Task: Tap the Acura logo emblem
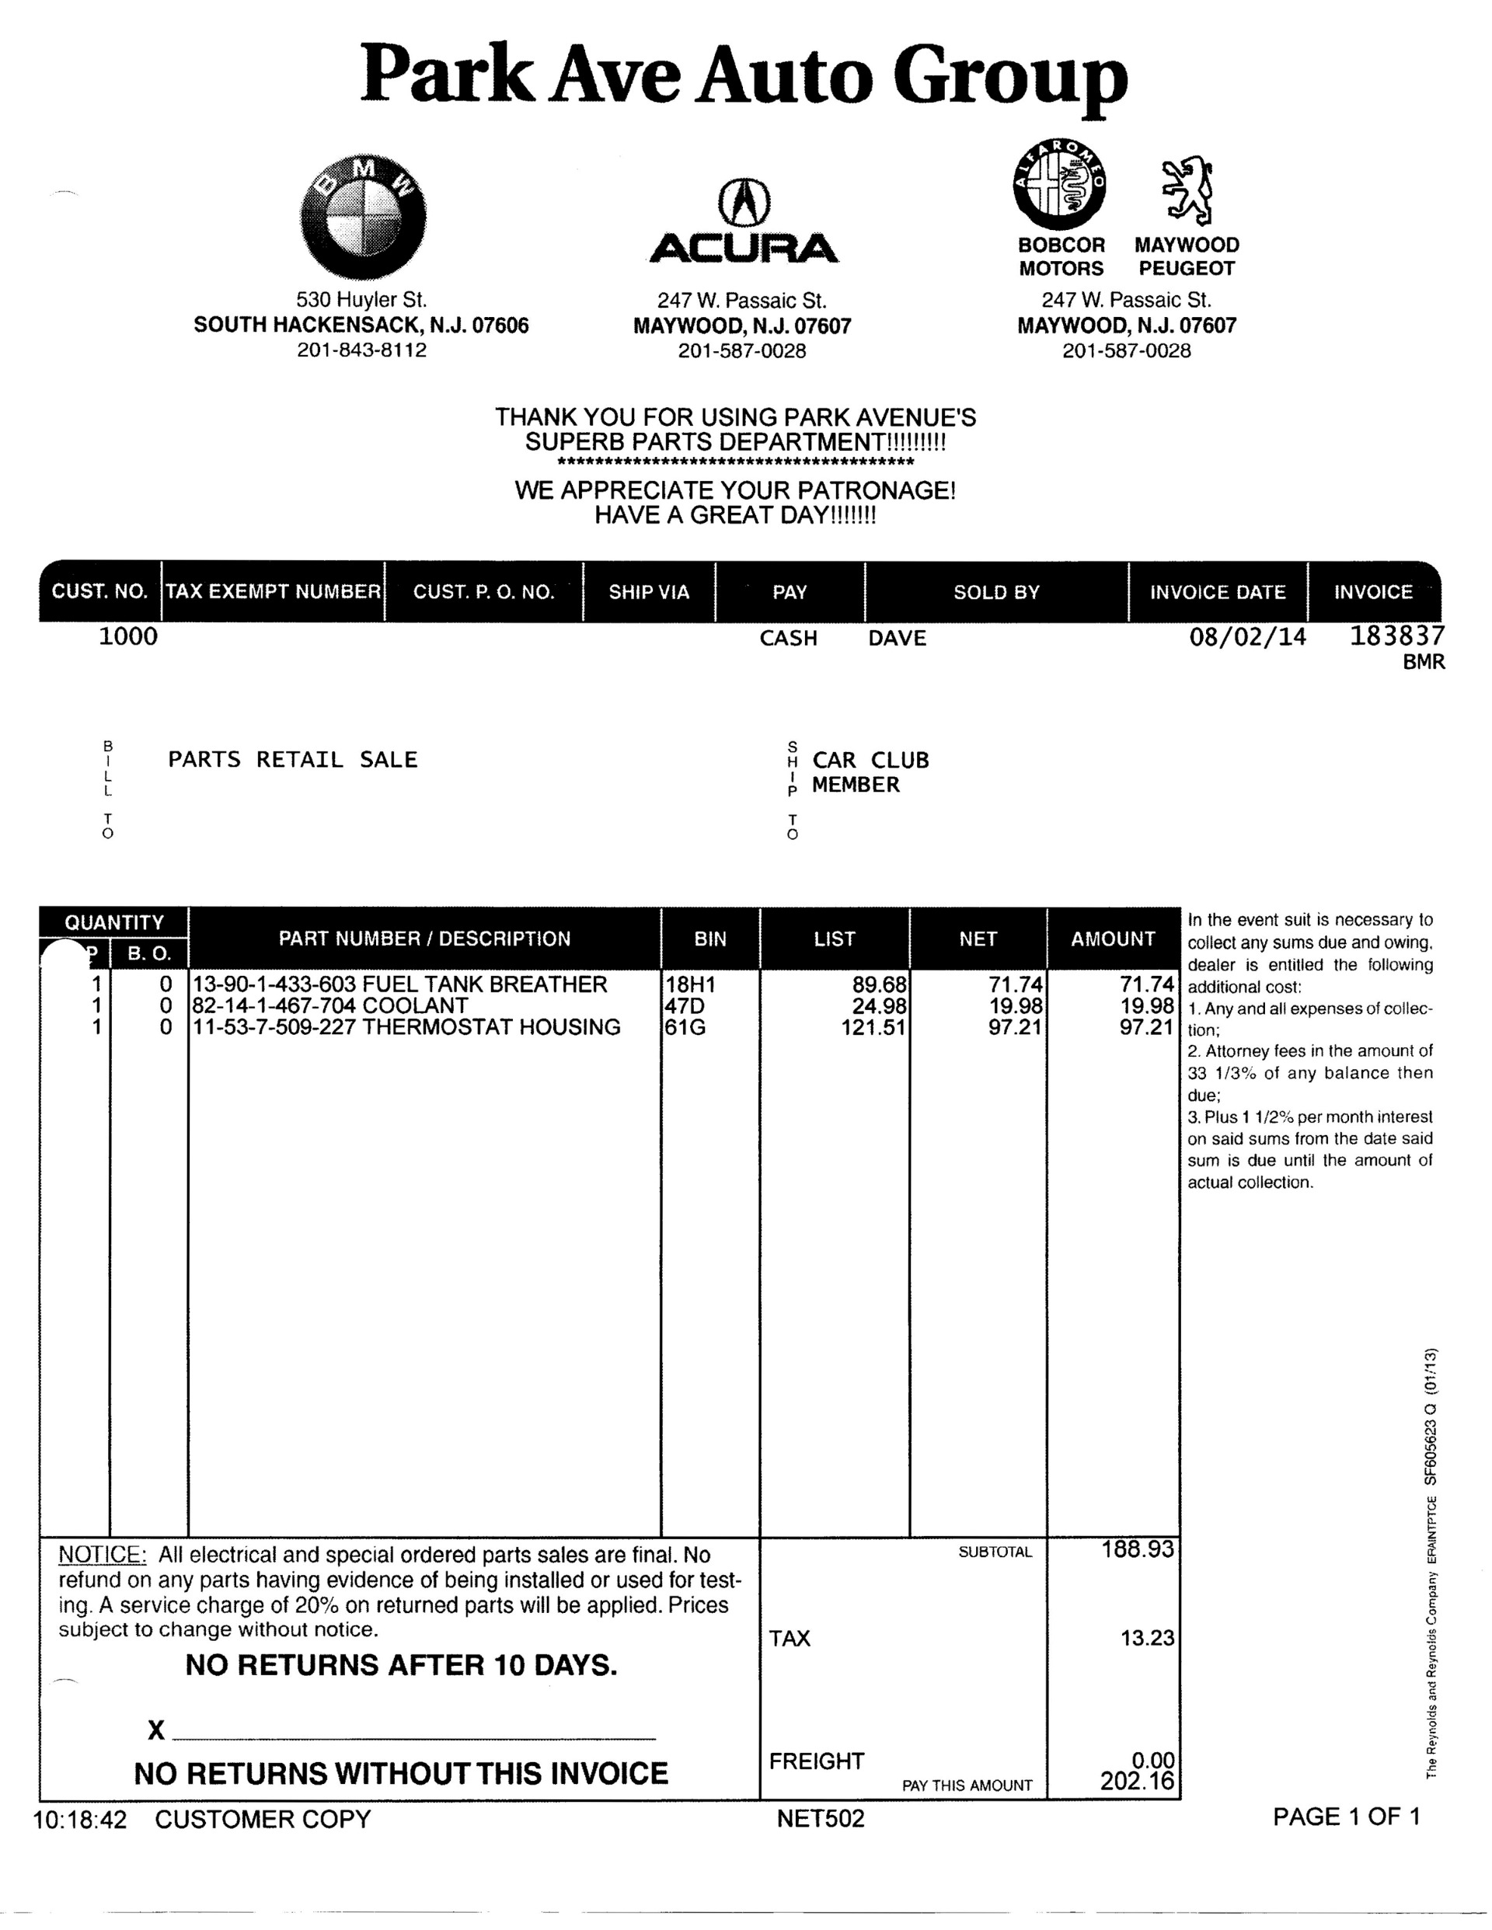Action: (x=744, y=201)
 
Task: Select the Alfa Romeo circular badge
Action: (x=1059, y=186)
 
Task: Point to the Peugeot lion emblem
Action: (x=1186, y=190)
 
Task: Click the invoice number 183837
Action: (x=1396, y=636)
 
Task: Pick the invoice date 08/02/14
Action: (x=1247, y=637)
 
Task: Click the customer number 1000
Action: (x=127, y=636)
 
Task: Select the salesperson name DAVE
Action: (x=898, y=638)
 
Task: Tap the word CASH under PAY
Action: (x=789, y=638)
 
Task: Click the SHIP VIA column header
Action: (x=649, y=592)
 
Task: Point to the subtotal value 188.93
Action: (x=1138, y=1549)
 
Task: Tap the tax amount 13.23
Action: (x=1147, y=1638)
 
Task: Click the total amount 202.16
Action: (x=1138, y=1782)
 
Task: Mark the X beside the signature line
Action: (x=156, y=1730)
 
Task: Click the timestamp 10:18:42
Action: (x=79, y=1820)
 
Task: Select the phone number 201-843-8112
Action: (x=361, y=350)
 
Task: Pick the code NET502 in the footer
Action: (x=821, y=1819)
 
